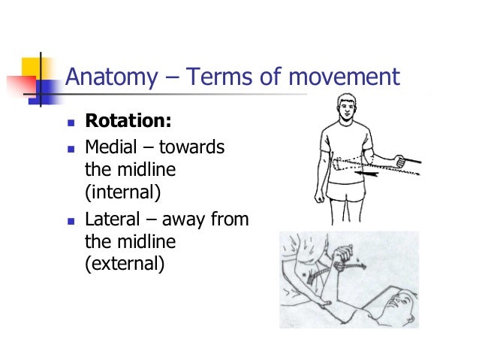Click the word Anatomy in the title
(x=112, y=77)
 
